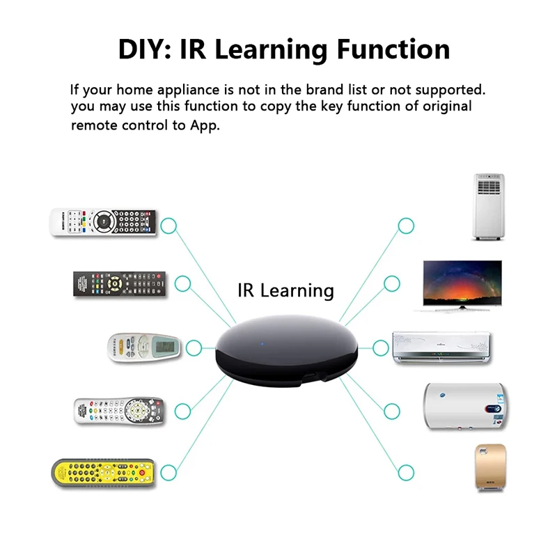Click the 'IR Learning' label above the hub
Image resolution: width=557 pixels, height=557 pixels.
pos(285,290)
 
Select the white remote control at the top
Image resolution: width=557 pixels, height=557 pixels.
pos(103,221)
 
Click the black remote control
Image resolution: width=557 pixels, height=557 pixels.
pos(120,283)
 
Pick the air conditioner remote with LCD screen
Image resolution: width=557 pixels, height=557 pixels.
pos(143,346)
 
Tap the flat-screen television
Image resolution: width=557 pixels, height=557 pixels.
pos(462,284)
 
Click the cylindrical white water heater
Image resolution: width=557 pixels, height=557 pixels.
pos(465,406)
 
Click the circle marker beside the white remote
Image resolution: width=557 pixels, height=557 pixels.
pos(168,226)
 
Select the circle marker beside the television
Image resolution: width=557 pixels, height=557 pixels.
pos(392,283)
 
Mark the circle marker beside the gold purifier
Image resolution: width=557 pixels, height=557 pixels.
pos(406,473)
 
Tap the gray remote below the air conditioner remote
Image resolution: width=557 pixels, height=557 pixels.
pos(118,411)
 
